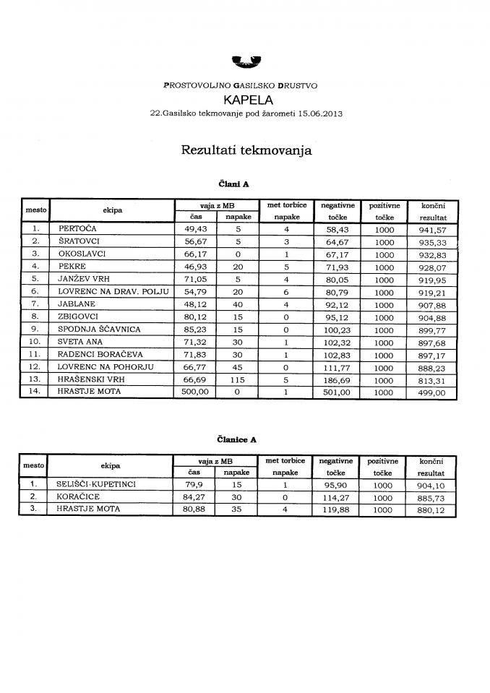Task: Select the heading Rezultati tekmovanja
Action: [x=246, y=151]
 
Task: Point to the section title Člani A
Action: [x=233, y=184]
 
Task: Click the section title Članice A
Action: [x=236, y=439]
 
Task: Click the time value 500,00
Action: [x=194, y=393]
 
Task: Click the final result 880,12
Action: [x=432, y=509]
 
